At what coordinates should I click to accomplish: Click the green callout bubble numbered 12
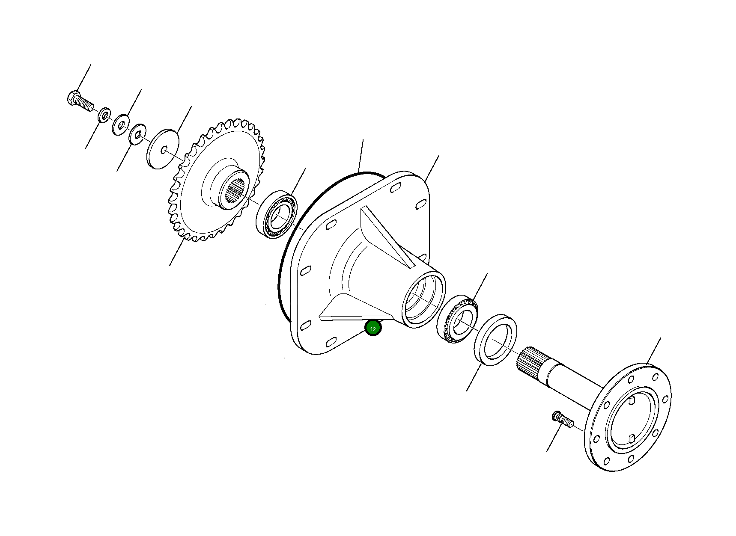373,328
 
